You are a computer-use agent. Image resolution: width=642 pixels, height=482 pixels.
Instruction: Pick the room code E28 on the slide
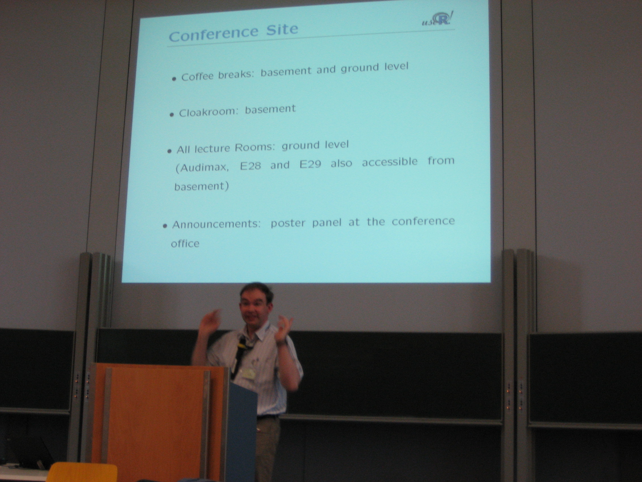[x=250, y=166]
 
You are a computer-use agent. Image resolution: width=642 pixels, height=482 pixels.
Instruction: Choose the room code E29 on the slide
[x=310, y=164]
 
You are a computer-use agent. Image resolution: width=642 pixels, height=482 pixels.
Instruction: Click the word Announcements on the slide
[x=216, y=225]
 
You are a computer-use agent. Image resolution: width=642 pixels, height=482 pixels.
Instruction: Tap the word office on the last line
[x=185, y=243]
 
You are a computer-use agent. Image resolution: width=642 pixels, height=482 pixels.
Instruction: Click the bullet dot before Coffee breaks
[x=174, y=78]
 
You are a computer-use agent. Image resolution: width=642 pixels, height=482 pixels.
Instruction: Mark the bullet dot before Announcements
[x=165, y=226]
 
